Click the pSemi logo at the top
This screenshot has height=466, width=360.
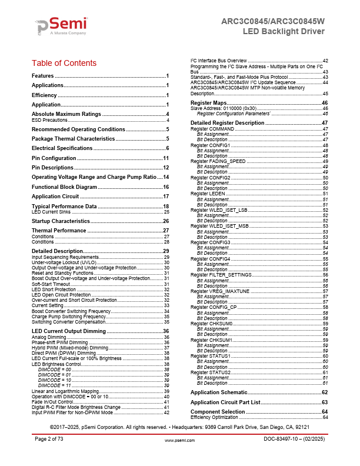(61, 26)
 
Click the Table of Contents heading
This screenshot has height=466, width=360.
(64, 63)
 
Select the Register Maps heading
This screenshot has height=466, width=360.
(209, 102)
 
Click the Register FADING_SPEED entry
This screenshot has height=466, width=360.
(218, 161)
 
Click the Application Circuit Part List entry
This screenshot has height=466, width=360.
(225, 402)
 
